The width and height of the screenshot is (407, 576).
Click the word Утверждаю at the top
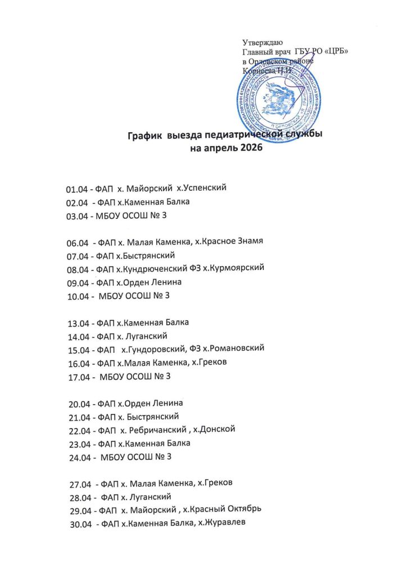pos(262,43)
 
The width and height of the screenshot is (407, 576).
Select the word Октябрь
pos(241,510)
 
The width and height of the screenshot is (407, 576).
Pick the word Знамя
pos(248,242)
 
